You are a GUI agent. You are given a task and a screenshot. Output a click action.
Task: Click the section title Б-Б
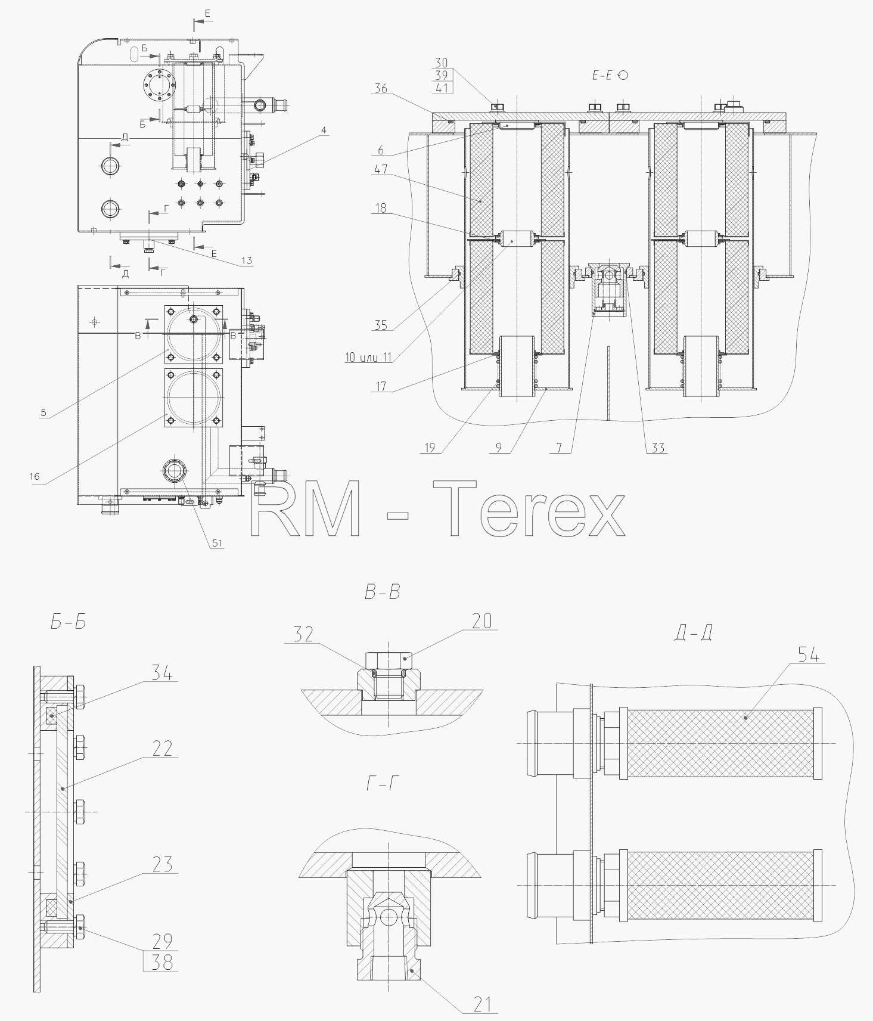click(x=69, y=622)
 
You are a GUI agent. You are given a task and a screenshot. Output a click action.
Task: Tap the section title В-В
click(x=382, y=592)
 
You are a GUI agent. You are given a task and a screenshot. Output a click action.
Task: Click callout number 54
click(x=809, y=655)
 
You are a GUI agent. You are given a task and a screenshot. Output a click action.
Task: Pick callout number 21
click(x=482, y=1005)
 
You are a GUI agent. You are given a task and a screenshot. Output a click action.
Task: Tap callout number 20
click(x=482, y=621)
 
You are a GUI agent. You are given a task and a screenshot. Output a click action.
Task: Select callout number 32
click(x=303, y=634)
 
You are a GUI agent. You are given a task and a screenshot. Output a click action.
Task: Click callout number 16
click(x=34, y=476)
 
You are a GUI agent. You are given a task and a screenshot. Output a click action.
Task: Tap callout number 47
click(x=381, y=169)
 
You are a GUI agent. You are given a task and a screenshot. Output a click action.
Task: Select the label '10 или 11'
click(x=368, y=357)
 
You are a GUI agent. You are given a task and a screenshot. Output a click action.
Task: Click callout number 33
click(x=657, y=448)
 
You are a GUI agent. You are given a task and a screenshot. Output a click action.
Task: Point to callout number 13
click(x=246, y=260)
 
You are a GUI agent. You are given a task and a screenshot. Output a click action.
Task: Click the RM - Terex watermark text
click(x=439, y=510)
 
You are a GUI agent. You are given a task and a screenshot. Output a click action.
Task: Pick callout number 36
click(x=381, y=88)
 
